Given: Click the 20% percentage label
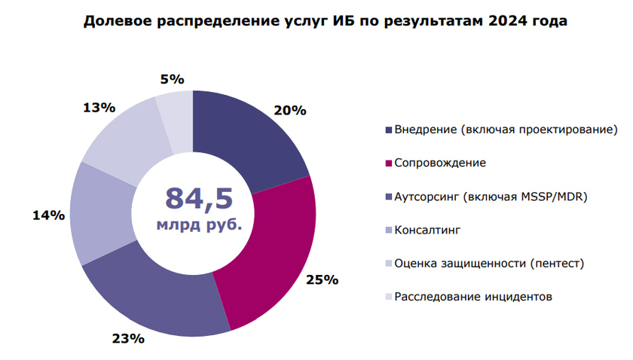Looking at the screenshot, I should (290, 110).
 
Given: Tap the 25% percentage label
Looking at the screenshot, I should (322, 280).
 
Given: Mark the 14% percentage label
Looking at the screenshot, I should (47, 216).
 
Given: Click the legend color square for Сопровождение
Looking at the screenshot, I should (389, 163).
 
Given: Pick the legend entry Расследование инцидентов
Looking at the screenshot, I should (473, 297).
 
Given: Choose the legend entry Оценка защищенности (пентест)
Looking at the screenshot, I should (489, 264).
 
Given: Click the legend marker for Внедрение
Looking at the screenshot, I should (389, 130).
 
